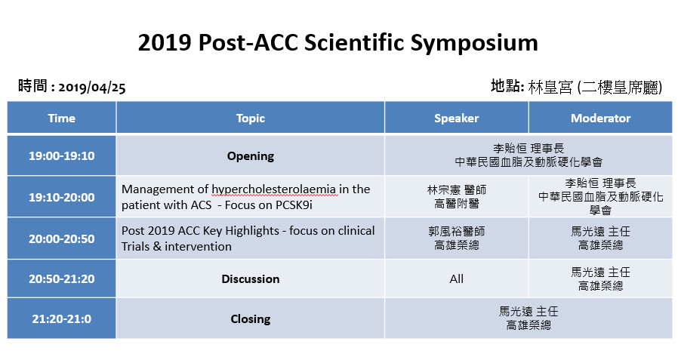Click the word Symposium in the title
(x=474, y=43)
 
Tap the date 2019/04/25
(x=92, y=88)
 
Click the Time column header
(x=61, y=118)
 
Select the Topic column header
(x=251, y=118)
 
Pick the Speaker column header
(x=456, y=118)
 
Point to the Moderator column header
(x=600, y=118)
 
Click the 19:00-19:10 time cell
(x=61, y=155)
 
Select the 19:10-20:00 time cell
(x=61, y=197)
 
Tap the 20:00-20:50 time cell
(x=61, y=238)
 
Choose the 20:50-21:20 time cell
(x=61, y=278)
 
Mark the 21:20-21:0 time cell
(x=61, y=319)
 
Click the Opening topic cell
(x=251, y=155)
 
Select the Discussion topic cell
(x=251, y=278)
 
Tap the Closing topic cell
(x=251, y=319)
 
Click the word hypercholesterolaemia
(x=274, y=189)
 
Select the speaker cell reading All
(x=456, y=278)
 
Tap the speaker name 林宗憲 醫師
(x=457, y=189)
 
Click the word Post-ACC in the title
(x=248, y=43)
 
